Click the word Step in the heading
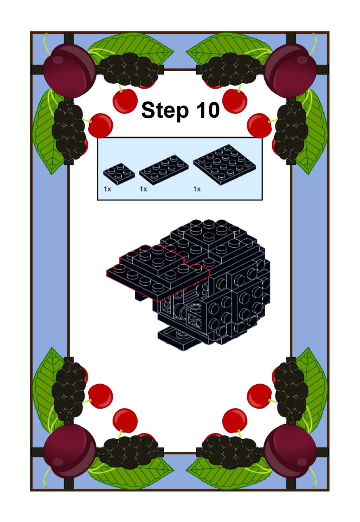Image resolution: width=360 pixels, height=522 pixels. (165, 111)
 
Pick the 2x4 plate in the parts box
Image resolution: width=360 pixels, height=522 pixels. (164, 169)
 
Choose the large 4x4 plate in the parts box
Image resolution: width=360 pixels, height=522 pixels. (224, 165)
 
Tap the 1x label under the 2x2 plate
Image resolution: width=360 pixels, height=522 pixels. (107, 189)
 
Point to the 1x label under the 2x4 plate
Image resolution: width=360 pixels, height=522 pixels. (144, 189)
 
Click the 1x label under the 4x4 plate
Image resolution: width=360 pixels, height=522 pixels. (197, 189)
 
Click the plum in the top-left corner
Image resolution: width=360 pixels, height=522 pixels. (69, 71)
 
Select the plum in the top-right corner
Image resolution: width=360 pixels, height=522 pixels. (290, 71)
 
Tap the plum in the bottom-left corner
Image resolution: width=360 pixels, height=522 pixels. (69, 451)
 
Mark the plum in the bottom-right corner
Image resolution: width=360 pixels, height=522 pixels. (290, 451)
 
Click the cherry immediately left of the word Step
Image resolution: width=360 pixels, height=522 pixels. (125, 101)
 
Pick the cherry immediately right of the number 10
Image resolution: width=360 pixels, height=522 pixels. (235, 101)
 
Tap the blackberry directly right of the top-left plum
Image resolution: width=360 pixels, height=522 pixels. (129, 69)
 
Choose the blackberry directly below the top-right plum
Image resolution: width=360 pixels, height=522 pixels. (291, 129)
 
